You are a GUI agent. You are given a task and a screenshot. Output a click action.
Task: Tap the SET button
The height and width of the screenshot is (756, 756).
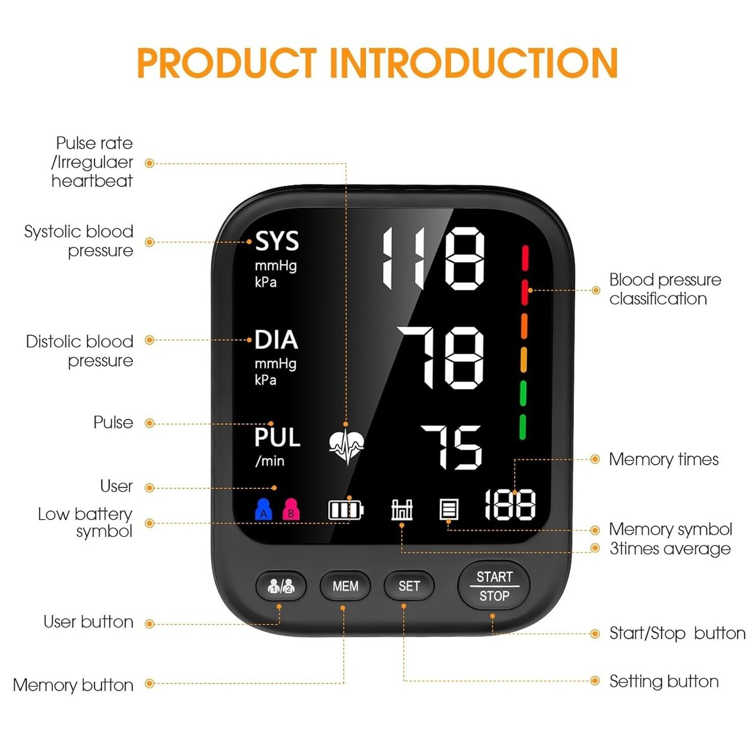(x=409, y=586)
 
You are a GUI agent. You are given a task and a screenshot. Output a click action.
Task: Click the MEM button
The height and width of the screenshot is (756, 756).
(x=345, y=586)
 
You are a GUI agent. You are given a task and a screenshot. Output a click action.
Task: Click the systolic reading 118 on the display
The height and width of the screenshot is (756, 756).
(x=433, y=258)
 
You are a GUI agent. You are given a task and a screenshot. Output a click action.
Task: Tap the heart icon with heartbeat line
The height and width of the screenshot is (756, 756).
(x=346, y=445)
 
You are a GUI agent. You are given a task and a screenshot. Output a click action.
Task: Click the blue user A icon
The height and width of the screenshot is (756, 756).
(x=263, y=509)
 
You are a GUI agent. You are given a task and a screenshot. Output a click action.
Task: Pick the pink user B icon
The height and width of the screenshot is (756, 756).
(x=290, y=509)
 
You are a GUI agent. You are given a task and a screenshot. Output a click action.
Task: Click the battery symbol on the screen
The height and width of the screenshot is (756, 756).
(x=346, y=509)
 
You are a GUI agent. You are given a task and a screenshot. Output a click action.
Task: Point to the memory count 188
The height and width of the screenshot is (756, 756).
(x=510, y=505)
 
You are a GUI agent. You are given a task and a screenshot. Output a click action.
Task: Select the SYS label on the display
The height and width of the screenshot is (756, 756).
(x=277, y=241)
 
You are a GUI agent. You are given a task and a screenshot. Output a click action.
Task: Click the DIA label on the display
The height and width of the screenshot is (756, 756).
(x=276, y=340)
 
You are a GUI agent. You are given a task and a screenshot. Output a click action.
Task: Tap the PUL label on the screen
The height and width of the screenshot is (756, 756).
(x=277, y=437)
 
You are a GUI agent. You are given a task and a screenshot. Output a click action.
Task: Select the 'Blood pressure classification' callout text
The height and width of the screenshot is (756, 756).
(x=664, y=289)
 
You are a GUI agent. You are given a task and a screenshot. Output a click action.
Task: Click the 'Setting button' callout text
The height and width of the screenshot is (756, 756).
(x=663, y=681)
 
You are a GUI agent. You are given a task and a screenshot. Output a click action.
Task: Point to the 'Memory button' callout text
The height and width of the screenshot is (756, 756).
(x=73, y=685)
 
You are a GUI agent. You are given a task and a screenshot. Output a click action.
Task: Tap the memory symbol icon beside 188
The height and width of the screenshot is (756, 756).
(x=449, y=509)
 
